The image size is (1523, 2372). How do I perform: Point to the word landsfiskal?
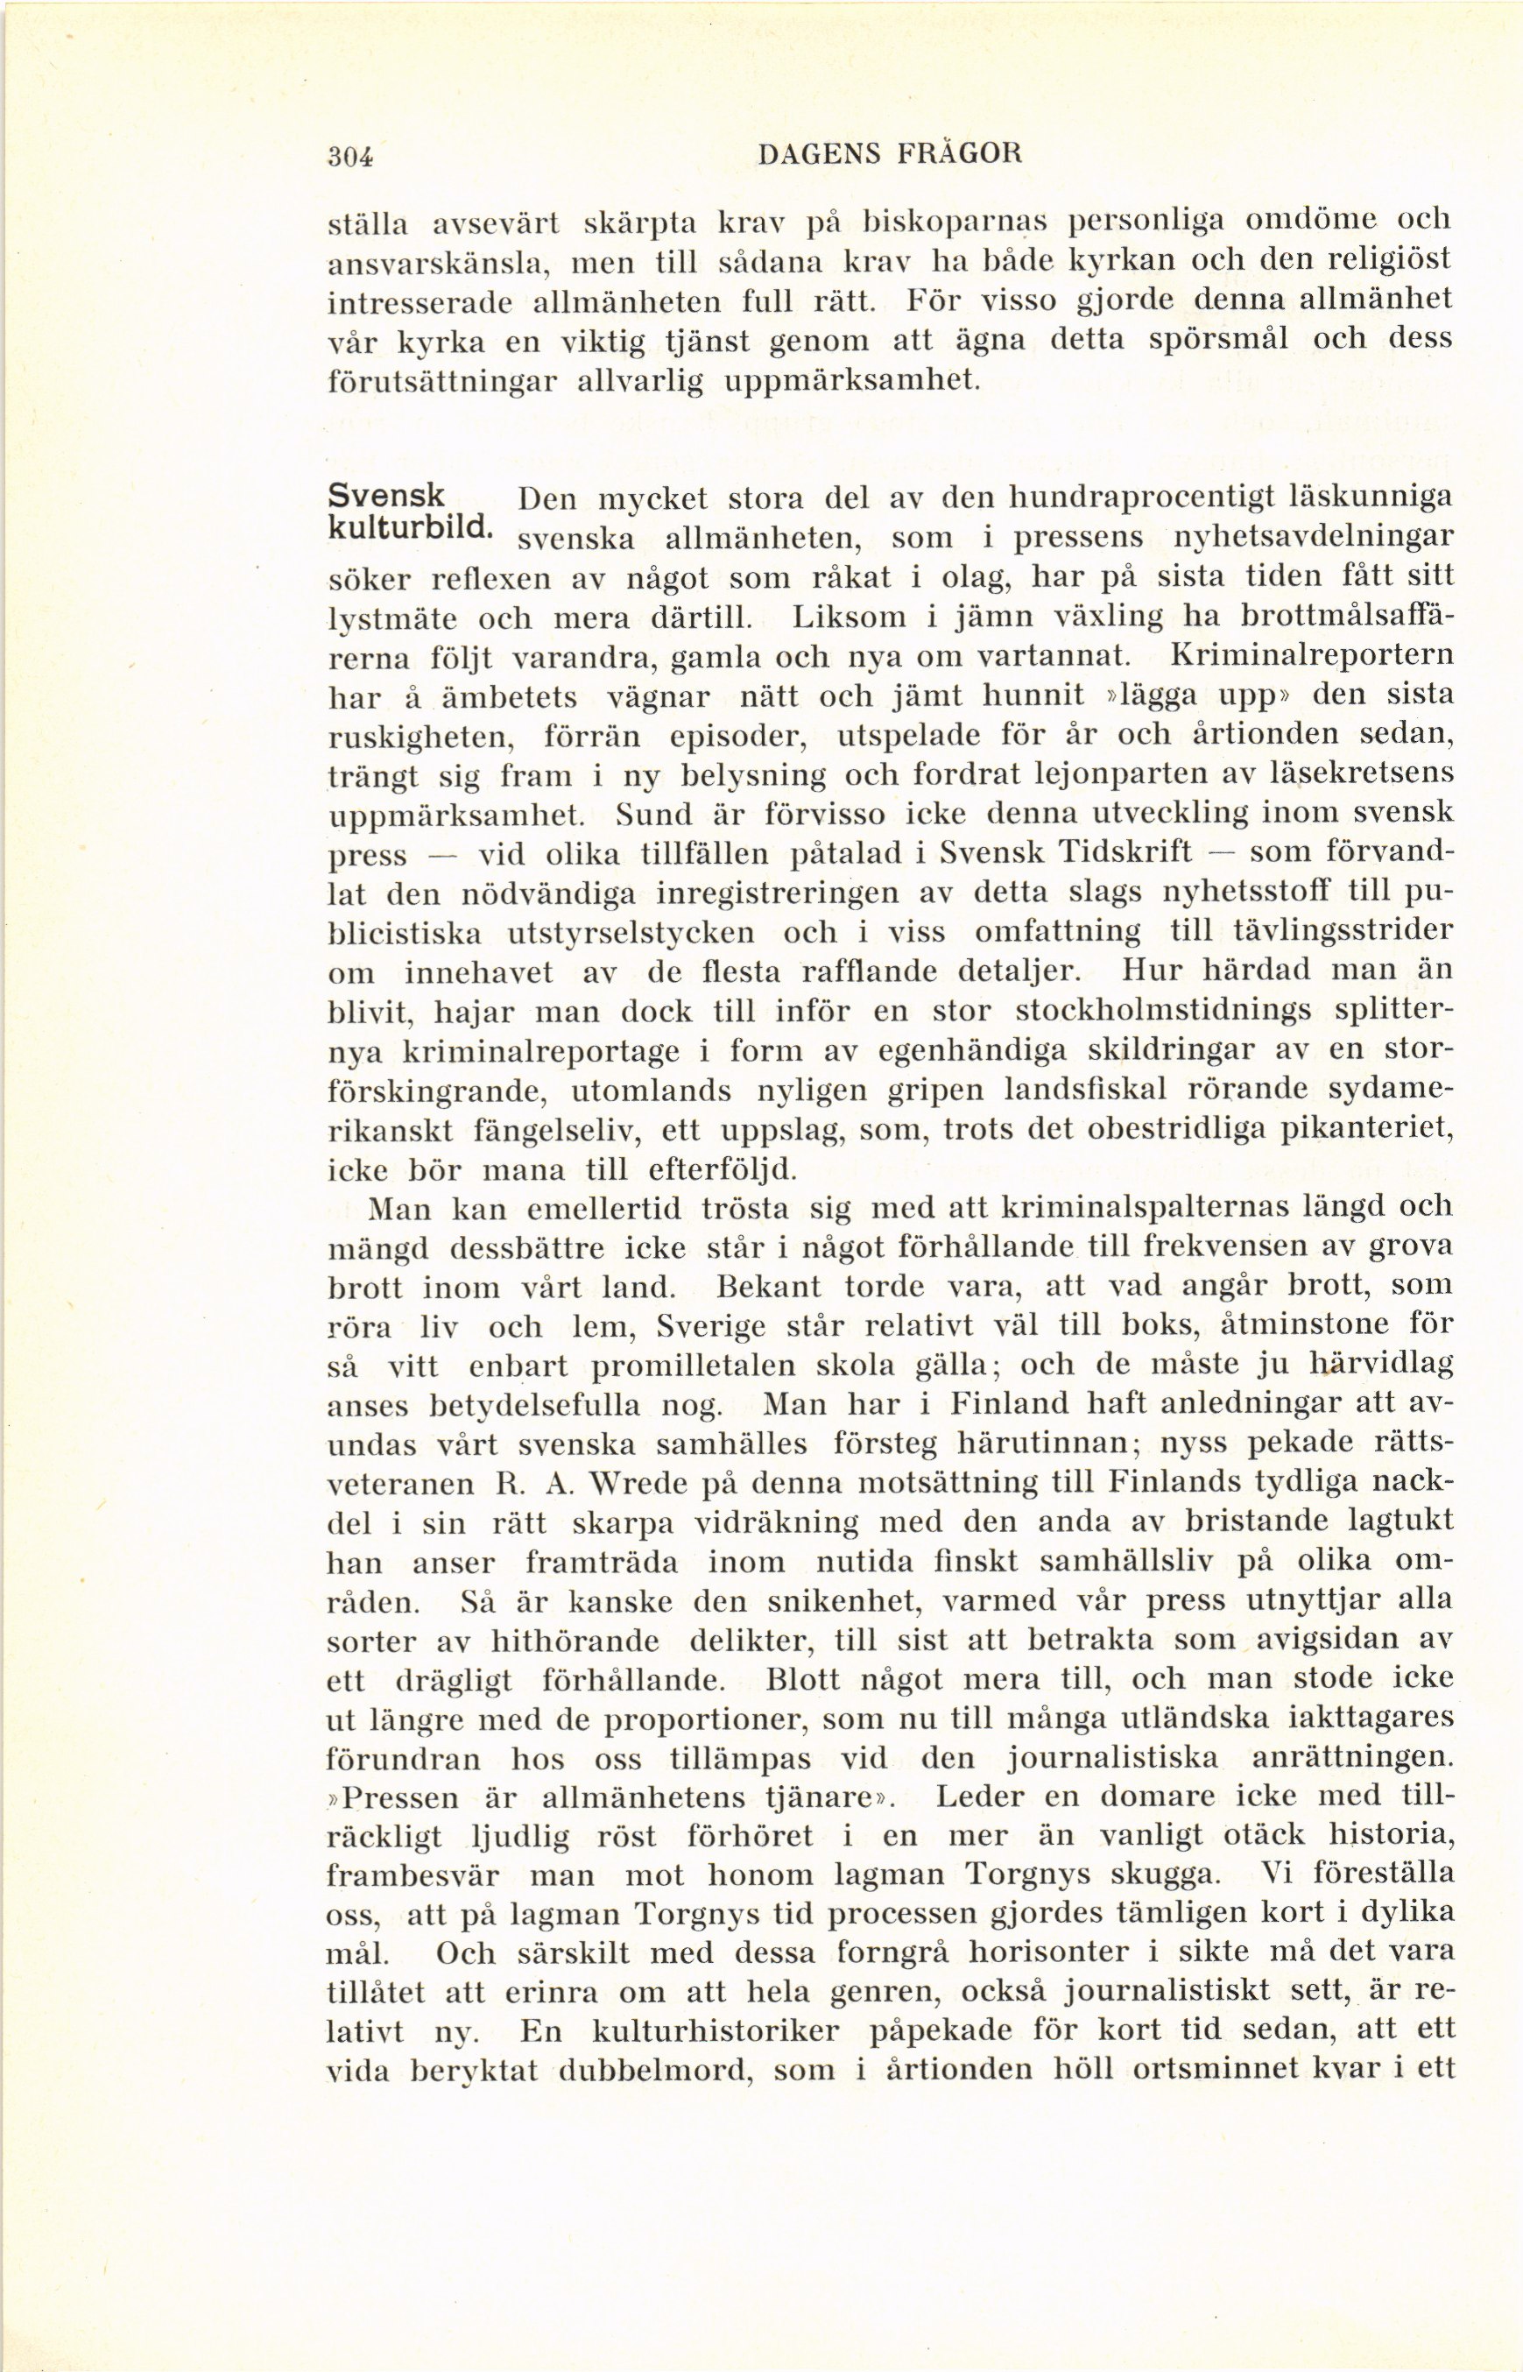point(1086,1090)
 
